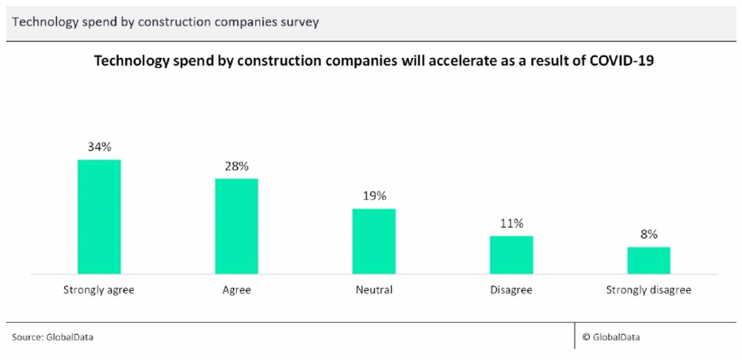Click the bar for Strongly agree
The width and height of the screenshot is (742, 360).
coord(99,216)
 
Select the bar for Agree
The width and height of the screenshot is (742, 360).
coord(236,226)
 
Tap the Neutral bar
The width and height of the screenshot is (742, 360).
coord(374,241)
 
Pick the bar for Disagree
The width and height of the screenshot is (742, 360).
coord(511,255)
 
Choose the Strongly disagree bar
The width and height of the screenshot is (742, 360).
coord(648,260)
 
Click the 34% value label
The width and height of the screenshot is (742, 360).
coord(99,147)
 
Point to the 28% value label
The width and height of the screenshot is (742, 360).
coord(236,166)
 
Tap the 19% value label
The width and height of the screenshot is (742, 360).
coord(374,196)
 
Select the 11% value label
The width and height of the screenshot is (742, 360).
coord(511,223)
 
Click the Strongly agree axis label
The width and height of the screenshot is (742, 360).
coord(99,290)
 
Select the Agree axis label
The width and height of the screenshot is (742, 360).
coord(236,290)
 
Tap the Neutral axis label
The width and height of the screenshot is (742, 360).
coord(374,290)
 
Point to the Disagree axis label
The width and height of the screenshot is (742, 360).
coord(511,290)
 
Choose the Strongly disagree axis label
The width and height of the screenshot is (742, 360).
coord(648,290)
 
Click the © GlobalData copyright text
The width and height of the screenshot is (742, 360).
coord(611,337)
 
